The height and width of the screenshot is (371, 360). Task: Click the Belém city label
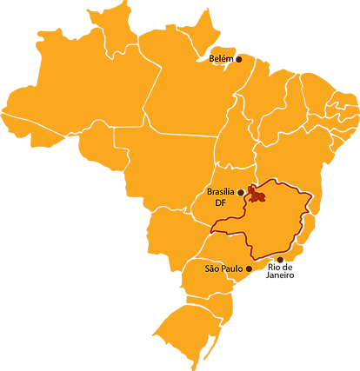(x=221, y=58)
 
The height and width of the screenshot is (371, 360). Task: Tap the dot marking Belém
(x=238, y=58)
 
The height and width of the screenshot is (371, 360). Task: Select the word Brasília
(x=222, y=192)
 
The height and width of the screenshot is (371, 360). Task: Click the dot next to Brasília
(x=241, y=192)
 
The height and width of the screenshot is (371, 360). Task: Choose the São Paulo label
(x=223, y=268)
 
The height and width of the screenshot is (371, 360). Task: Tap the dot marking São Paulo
(x=250, y=268)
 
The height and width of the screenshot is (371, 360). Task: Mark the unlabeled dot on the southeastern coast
(x=280, y=260)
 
